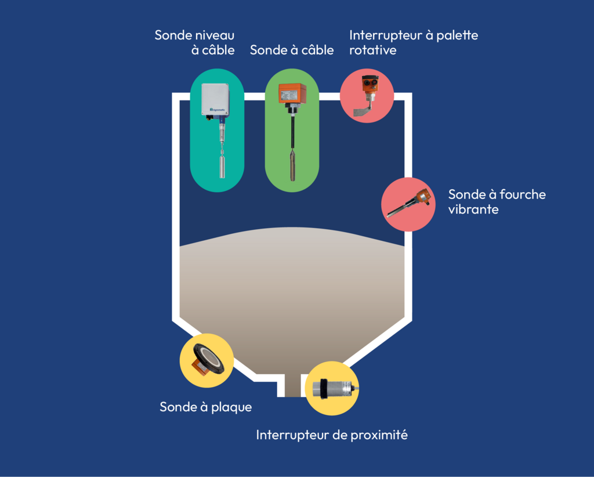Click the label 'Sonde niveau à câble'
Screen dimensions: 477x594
pyautogui.click(x=195, y=42)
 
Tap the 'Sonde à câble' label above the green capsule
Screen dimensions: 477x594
pyautogui.click(x=292, y=50)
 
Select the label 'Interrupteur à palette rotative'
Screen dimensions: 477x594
pyautogui.click(x=413, y=42)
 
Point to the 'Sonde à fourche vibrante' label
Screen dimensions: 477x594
pyautogui.click(x=497, y=201)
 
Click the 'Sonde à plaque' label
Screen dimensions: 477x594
pyautogui.click(x=205, y=407)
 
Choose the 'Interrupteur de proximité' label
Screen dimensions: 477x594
pyautogui.click(x=332, y=435)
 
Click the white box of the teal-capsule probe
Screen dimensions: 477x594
pyautogui.click(x=215, y=99)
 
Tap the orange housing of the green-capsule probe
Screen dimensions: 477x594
pyautogui.click(x=292, y=93)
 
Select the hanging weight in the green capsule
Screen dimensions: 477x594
pyautogui.click(x=292, y=168)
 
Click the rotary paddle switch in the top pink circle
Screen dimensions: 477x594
pyautogui.click(x=367, y=95)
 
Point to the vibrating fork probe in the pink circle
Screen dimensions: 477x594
pyautogui.click(x=408, y=204)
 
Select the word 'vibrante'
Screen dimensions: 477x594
pyautogui.click(x=473, y=209)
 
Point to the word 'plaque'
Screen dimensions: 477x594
pyautogui.click(x=232, y=407)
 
